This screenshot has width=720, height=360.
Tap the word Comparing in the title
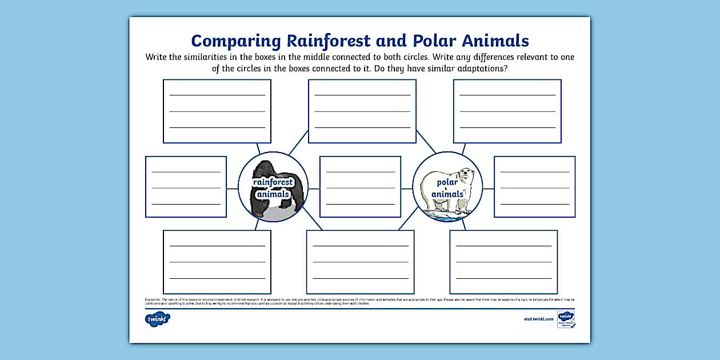point(236,41)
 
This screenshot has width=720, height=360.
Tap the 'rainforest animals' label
point(273,188)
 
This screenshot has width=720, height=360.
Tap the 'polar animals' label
point(447,188)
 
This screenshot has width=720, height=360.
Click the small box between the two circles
point(360,187)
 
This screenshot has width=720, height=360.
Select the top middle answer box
point(362,111)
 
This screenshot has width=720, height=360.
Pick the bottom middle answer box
point(360,262)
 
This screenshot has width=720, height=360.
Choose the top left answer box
point(217,111)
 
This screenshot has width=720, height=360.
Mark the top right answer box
point(507,111)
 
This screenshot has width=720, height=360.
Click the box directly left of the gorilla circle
point(186,187)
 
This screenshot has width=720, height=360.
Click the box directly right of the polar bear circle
point(535,187)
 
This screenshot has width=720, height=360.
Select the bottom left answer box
point(217,262)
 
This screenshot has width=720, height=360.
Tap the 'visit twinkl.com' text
point(538,319)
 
